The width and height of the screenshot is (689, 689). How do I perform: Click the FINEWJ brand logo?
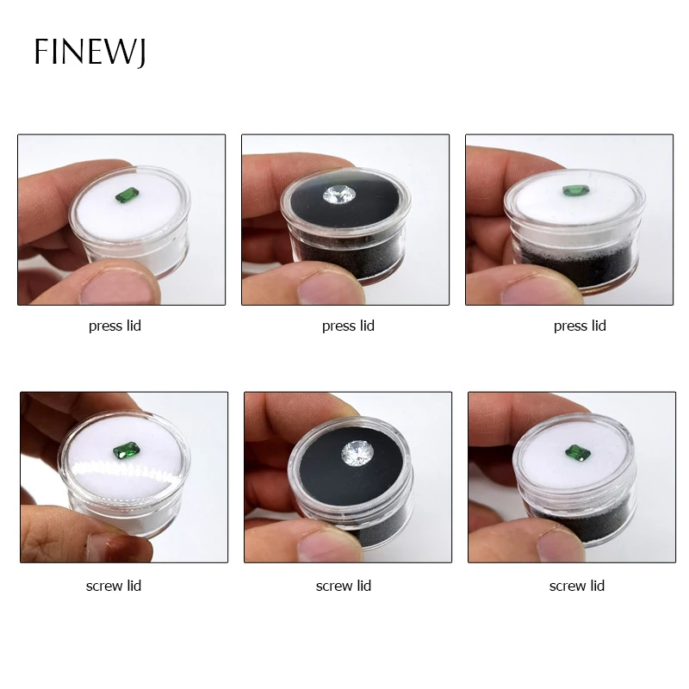point(90,52)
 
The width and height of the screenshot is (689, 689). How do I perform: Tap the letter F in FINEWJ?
point(41,52)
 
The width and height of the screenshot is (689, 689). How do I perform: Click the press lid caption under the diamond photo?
point(348,326)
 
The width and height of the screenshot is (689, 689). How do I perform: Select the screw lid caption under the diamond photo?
point(344,586)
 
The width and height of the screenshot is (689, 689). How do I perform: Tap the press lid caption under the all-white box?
point(115,326)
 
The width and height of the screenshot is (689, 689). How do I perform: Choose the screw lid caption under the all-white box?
point(114,586)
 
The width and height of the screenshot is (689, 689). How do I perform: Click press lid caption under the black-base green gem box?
point(580,326)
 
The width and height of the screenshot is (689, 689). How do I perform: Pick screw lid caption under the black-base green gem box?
point(577,586)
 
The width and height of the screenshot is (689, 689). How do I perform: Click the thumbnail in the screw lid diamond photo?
point(340,543)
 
